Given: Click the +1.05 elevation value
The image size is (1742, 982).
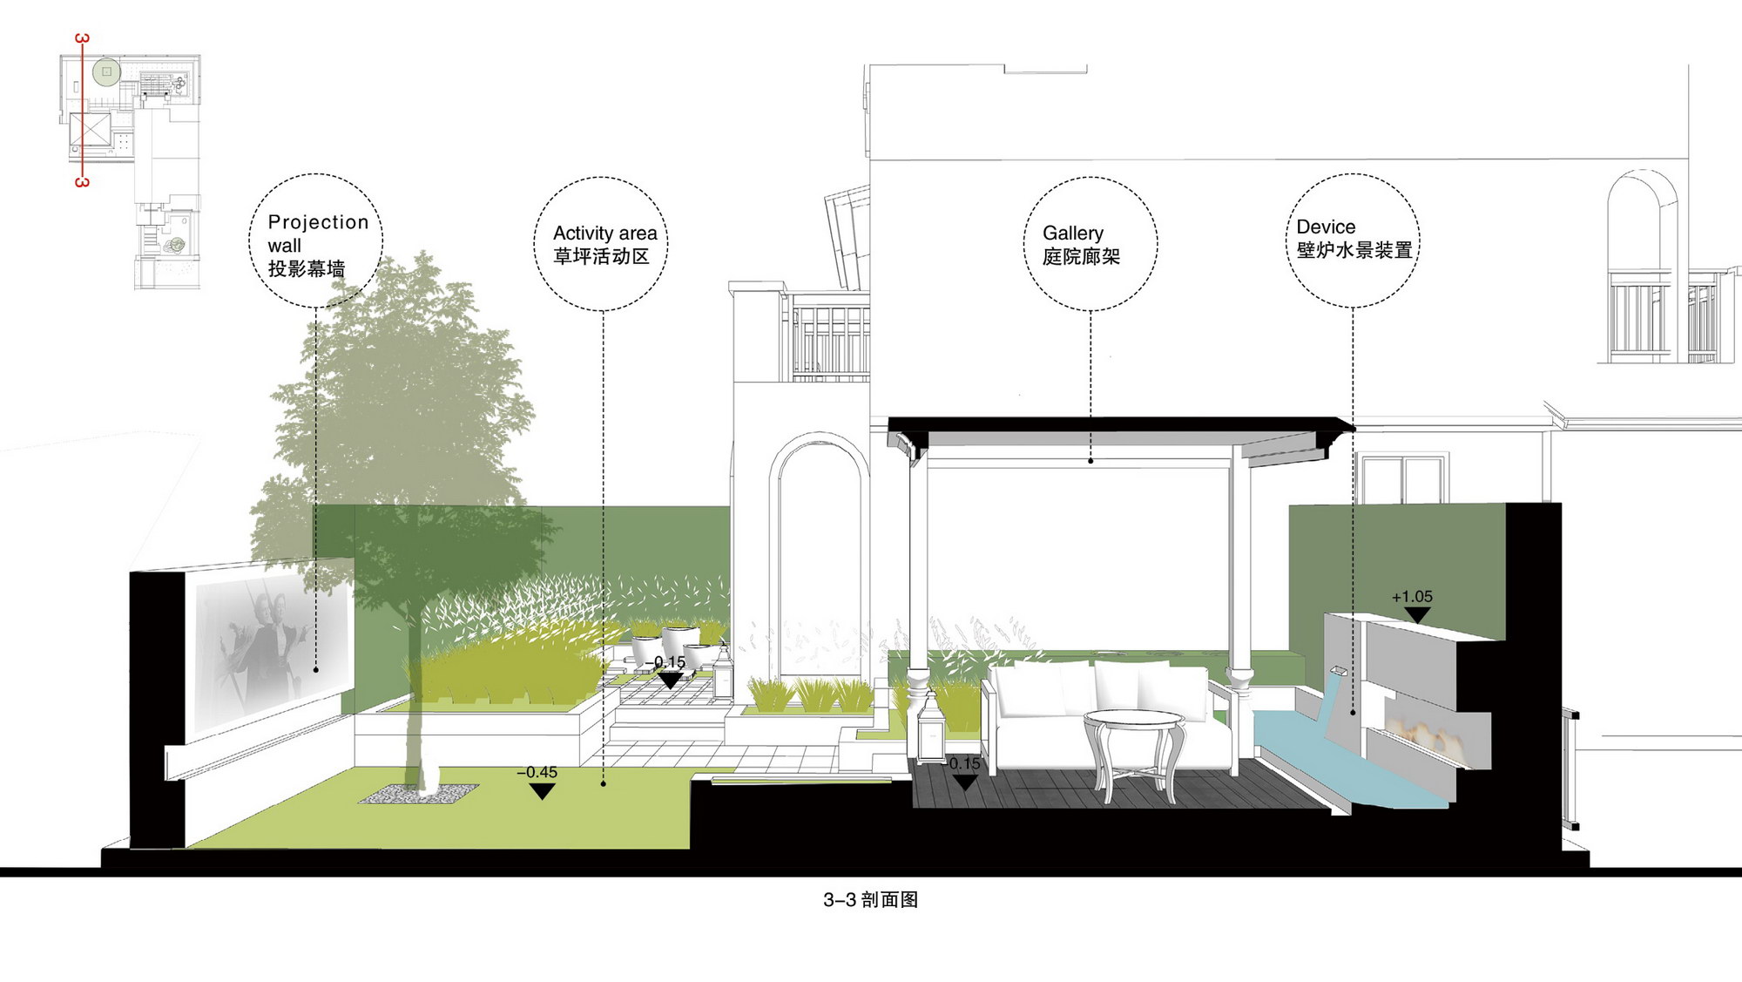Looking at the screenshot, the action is (x=1412, y=597).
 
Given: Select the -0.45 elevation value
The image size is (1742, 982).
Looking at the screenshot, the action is (x=537, y=772).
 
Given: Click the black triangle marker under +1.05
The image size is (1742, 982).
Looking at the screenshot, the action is (x=1418, y=615).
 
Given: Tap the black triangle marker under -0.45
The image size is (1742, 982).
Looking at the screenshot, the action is (x=542, y=791).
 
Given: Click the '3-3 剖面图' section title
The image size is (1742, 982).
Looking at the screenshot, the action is (x=870, y=900).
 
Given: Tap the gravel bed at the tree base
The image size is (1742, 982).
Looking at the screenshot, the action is (x=418, y=793).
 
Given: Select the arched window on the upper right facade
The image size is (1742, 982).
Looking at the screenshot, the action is (x=1643, y=266).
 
